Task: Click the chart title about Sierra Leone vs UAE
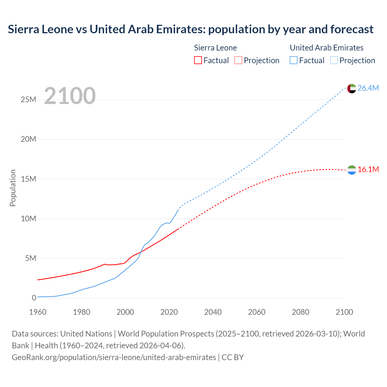pos(190,29)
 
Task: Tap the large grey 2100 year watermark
pos(70,96)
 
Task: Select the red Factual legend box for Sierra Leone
pos(198,60)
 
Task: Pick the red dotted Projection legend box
pos(238,60)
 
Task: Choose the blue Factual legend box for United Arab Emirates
pos(294,60)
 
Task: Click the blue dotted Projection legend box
pos(334,60)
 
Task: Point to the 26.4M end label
pos(368,88)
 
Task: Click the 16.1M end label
pos(368,169)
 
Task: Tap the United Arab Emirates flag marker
pos(352,89)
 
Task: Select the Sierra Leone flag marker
pos(352,170)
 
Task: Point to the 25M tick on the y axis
pos(28,99)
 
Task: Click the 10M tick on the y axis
pos(28,219)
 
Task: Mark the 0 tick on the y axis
pos(34,298)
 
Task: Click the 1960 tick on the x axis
pos(38,312)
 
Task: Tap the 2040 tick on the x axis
pos(213,312)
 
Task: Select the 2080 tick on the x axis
pos(301,312)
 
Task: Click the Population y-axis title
pos(13,188)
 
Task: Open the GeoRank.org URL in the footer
pos(114,357)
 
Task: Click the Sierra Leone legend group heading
pos(215,48)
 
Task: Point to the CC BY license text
pos(233,357)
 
